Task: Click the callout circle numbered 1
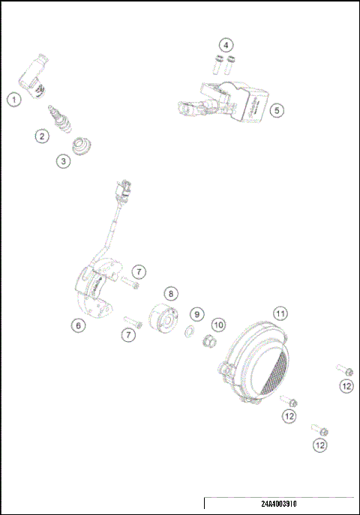tap(13, 99)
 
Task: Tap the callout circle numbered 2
tap(42, 136)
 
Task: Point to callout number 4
tap(226, 44)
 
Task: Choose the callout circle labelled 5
tap(277, 110)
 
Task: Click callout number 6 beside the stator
tap(78, 325)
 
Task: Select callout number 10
tap(218, 325)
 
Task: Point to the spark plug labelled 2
tap(56, 116)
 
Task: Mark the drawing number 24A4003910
tap(278, 505)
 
